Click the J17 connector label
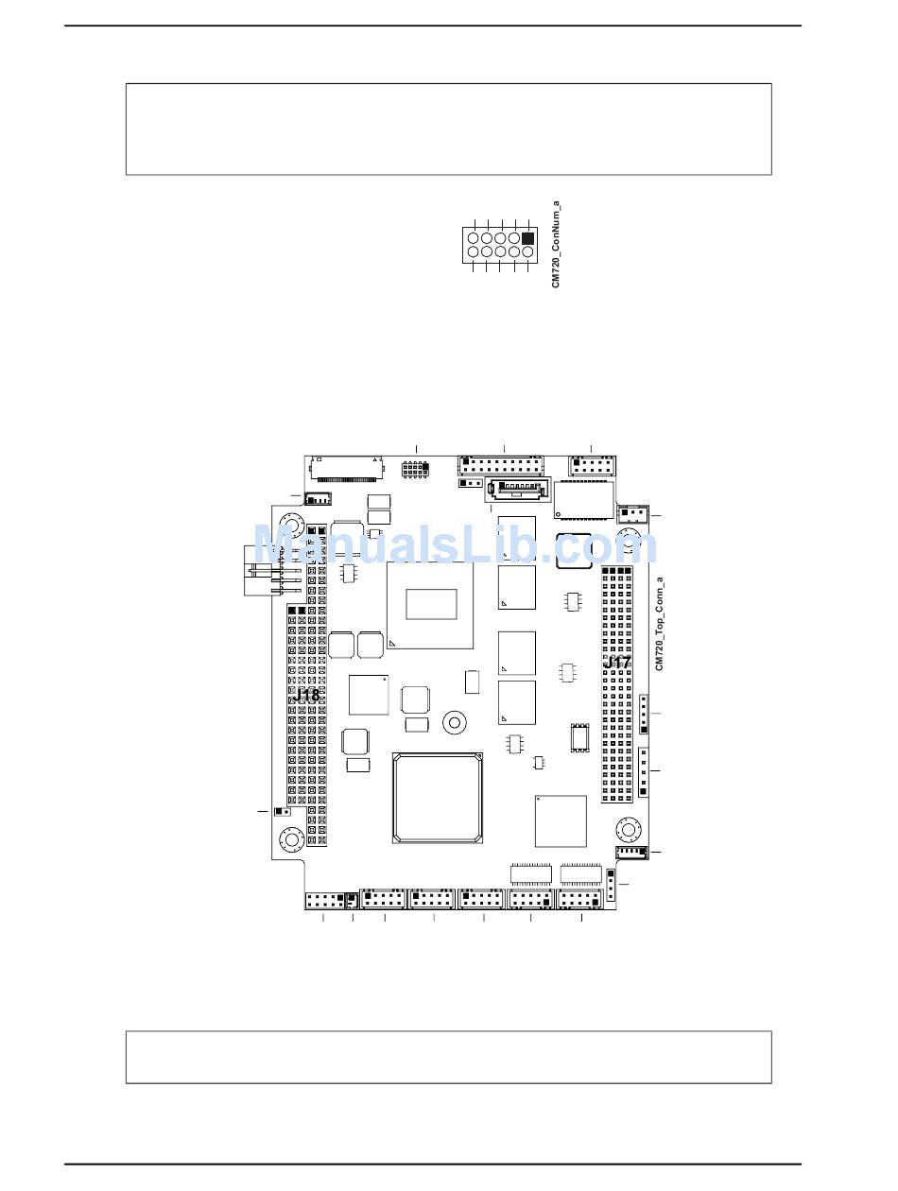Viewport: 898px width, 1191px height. (x=617, y=663)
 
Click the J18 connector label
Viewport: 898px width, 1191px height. (x=306, y=695)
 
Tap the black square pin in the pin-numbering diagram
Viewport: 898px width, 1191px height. (x=527, y=237)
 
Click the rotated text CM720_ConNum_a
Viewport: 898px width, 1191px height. (x=556, y=244)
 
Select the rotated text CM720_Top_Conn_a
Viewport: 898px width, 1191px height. (x=660, y=624)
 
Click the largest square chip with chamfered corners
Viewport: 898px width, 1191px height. (x=438, y=797)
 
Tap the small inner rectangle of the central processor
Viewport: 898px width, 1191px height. (x=431, y=604)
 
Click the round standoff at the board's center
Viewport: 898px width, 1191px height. (x=455, y=724)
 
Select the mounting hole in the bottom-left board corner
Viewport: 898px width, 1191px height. (x=289, y=840)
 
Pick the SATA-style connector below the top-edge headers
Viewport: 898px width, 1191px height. (x=517, y=489)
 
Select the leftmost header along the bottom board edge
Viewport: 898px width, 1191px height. (x=323, y=900)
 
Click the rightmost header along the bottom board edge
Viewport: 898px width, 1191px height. (x=580, y=901)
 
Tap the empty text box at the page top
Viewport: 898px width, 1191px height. (x=448, y=129)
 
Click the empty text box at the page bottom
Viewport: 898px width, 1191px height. (x=448, y=1057)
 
